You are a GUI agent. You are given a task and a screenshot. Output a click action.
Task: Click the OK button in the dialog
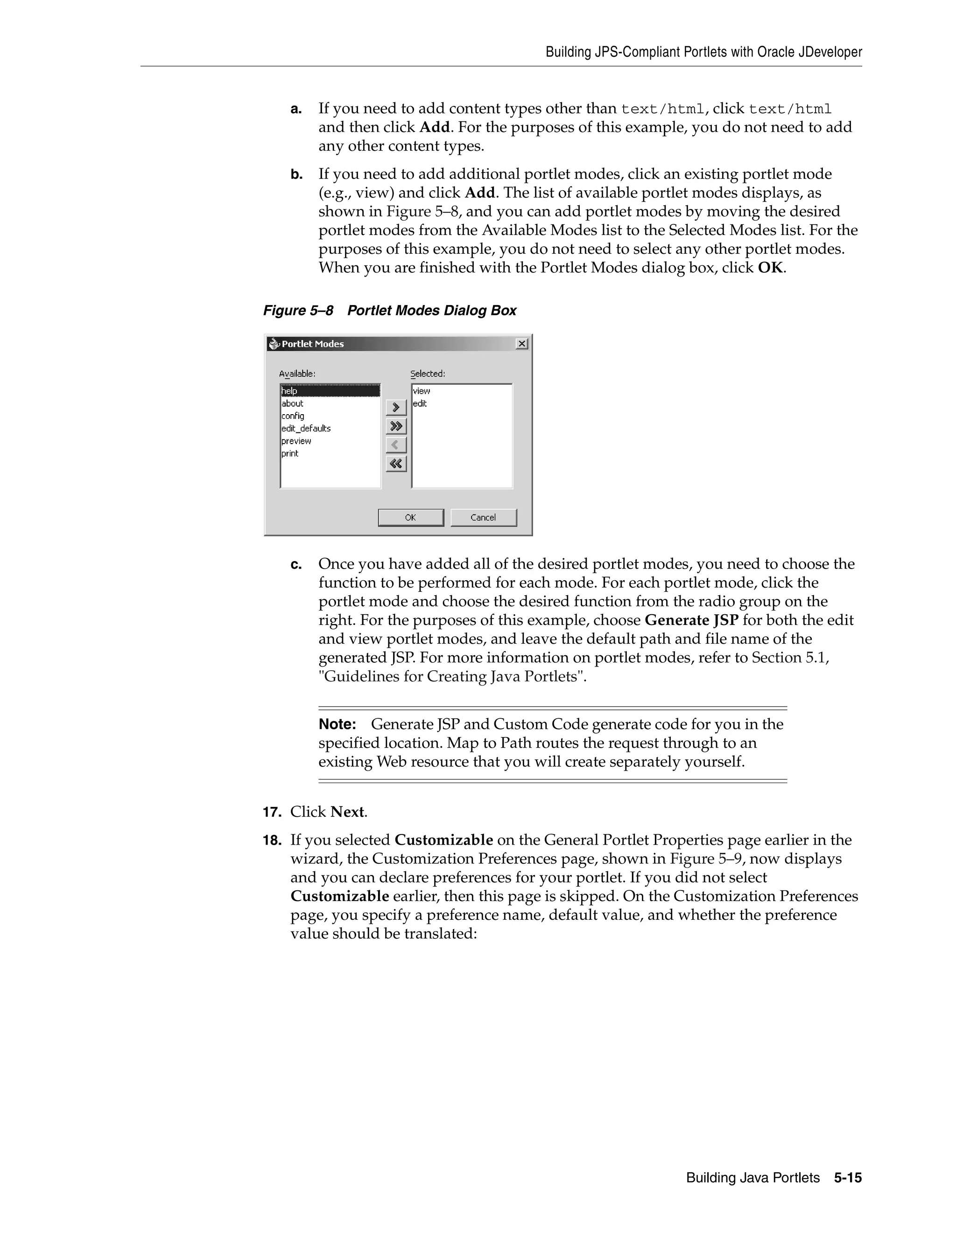pos(411,517)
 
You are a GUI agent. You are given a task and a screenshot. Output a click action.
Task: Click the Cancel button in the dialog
pos(483,517)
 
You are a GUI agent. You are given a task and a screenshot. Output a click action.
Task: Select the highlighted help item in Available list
pos(330,390)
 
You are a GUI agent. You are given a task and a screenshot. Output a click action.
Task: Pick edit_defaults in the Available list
pos(306,429)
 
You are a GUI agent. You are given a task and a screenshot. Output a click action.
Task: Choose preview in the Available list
pos(296,441)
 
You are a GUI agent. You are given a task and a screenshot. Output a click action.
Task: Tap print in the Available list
pos(290,453)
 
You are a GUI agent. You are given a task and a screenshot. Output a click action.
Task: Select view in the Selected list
pos(422,390)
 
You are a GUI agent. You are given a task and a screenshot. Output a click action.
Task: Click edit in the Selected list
pos(420,403)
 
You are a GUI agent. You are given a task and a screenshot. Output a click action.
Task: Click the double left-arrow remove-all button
pos(396,464)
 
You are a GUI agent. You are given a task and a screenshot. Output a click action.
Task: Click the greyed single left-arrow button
pos(396,445)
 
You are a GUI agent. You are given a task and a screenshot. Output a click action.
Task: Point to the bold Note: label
pos(337,724)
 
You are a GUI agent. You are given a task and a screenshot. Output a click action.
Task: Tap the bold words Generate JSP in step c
pos(691,620)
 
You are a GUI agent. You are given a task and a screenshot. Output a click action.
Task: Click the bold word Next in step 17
pos(347,812)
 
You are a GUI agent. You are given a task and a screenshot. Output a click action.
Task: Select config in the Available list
pos(293,416)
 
